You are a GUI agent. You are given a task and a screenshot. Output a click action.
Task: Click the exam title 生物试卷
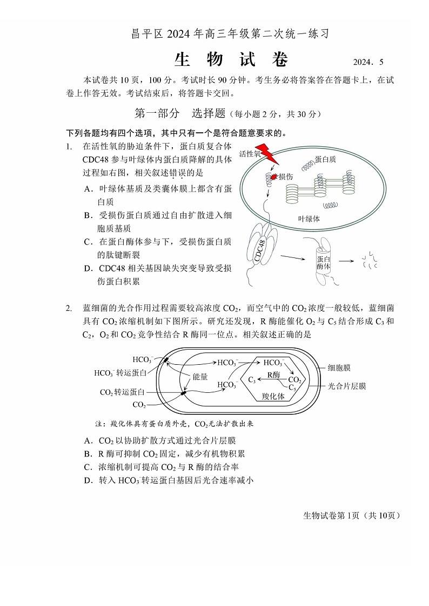(x=231, y=60)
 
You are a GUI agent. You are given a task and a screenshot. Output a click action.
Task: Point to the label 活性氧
(x=249, y=154)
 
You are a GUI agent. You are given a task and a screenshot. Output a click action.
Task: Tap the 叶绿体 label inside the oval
(x=309, y=219)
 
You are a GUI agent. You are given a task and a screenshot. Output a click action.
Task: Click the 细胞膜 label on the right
(x=339, y=367)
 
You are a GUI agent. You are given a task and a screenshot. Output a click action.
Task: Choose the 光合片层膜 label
(x=347, y=386)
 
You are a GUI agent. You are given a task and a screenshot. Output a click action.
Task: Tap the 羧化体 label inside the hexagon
(x=273, y=396)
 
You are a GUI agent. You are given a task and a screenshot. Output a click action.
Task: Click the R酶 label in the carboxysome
(x=273, y=375)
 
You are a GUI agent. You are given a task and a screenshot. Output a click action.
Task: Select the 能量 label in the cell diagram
(x=200, y=377)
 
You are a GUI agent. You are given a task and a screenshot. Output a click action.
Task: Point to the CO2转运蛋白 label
(x=122, y=392)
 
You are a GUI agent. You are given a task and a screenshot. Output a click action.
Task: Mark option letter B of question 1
(x=88, y=215)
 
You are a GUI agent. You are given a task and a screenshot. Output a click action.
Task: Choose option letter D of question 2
(x=88, y=480)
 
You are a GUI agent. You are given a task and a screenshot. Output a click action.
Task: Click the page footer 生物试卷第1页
(x=352, y=515)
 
